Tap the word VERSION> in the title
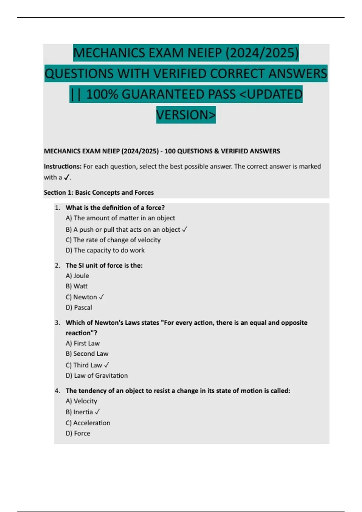click(x=186, y=115)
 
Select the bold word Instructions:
click(x=62, y=166)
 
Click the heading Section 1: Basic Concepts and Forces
click(x=99, y=192)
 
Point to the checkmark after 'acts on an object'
click(x=185, y=229)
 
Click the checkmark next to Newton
click(x=101, y=297)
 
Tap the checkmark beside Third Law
click(x=106, y=365)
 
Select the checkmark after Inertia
click(x=97, y=412)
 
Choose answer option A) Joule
click(x=77, y=276)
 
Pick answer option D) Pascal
click(x=79, y=308)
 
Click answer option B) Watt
click(x=77, y=286)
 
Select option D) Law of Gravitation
click(x=97, y=376)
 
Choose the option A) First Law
click(x=82, y=343)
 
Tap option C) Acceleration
click(x=88, y=423)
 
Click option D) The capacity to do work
click(x=105, y=250)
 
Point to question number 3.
click(x=57, y=323)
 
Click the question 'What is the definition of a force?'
click(x=115, y=208)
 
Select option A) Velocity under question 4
click(x=81, y=401)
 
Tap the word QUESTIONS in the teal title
click(x=79, y=73)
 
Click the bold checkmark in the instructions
click(x=67, y=177)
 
